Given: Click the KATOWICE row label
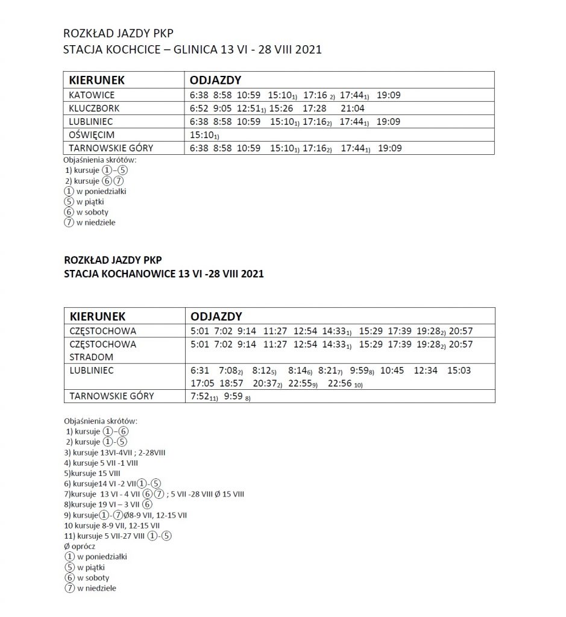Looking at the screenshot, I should point(92,95).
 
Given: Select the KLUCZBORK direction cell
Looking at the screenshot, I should point(94,108).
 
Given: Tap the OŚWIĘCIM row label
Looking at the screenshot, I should point(92,134).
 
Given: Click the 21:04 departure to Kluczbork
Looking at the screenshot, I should point(352,108).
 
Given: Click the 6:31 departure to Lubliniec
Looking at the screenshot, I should point(199,371).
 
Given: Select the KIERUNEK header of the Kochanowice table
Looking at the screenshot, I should point(98,316).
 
